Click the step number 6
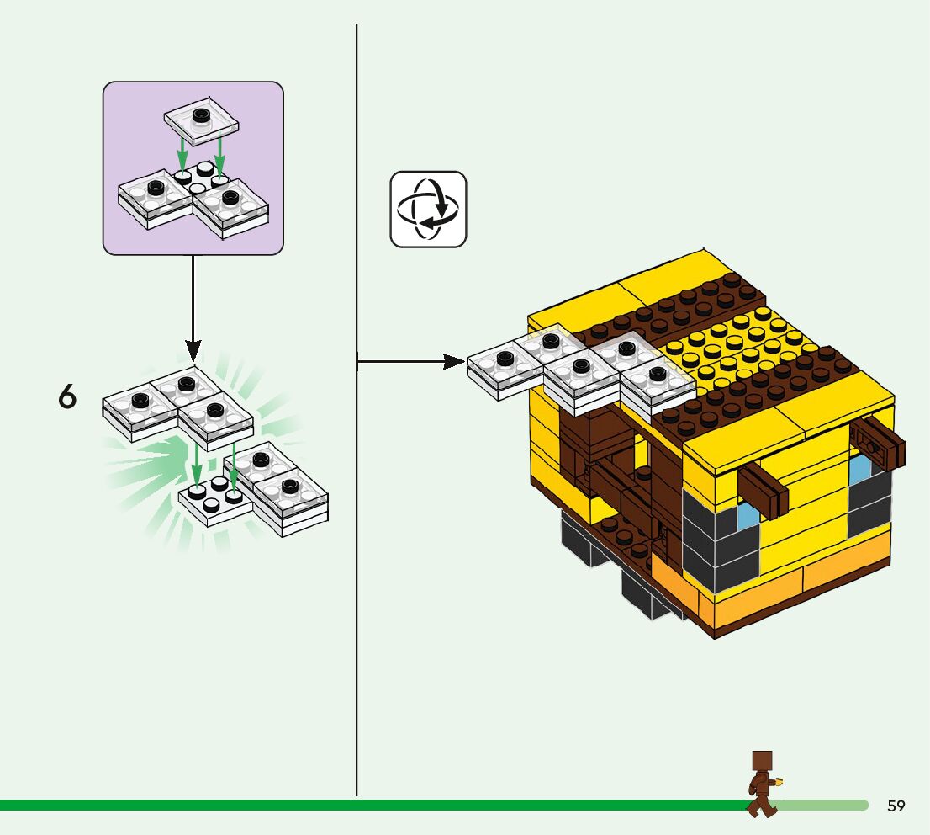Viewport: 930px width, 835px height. coord(67,396)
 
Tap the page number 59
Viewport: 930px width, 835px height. coord(896,806)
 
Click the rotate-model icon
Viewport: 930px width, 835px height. coord(428,210)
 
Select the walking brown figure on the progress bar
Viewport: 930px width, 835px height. coord(762,783)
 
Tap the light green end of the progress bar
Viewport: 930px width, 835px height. coord(824,806)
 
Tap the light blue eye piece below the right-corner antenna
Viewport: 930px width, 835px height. coord(859,470)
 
